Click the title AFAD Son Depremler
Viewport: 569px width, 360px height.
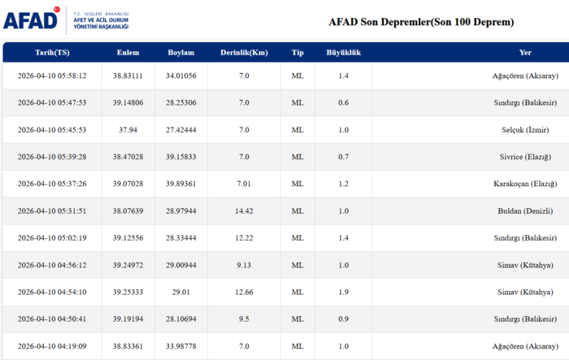pos(420,22)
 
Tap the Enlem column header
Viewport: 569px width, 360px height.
pos(128,53)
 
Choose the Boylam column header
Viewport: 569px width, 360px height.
pos(180,53)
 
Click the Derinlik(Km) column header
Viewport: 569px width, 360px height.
pos(244,53)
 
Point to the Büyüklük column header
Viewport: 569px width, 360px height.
pos(343,53)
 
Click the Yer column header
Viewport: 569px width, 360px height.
pos(525,53)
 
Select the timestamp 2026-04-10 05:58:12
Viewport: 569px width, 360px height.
pos(52,76)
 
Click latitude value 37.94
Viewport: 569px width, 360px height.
pos(128,130)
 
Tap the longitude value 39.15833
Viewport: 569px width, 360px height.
pos(180,157)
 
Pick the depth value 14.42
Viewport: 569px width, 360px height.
pos(244,210)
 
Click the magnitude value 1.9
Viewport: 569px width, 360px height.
pos(343,292)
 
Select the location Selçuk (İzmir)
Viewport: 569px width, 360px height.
pos(525,130)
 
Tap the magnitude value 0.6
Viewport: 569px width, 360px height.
pos(343,102)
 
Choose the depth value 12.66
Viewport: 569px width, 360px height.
pos(244,292)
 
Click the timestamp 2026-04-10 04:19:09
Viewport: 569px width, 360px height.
pos(52,345)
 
